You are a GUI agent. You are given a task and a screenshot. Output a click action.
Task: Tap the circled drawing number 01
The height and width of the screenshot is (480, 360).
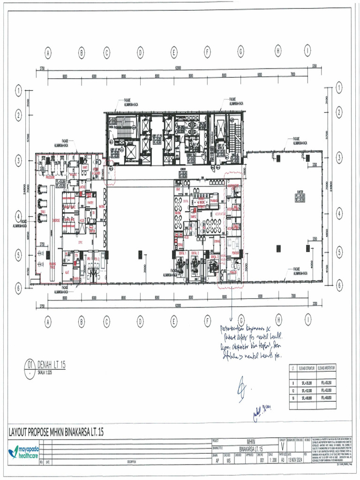30,364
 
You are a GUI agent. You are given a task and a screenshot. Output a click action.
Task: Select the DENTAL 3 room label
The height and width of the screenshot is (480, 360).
215,257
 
